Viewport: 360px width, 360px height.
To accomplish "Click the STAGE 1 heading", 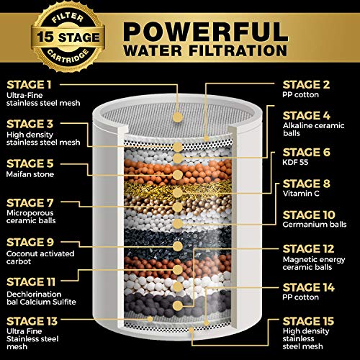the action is coord(29,85).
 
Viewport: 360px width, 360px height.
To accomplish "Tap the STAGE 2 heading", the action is coord(306,84).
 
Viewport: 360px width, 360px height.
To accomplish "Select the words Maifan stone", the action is coord(30,174).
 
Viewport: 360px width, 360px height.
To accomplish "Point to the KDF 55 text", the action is coord(295,162).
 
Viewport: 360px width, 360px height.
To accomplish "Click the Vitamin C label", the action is coord(301,194).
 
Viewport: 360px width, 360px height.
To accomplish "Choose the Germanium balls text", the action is coord(315,225).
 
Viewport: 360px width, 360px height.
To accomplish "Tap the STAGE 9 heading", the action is coord(30,243).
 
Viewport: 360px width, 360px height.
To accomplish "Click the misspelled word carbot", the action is coord(19,261).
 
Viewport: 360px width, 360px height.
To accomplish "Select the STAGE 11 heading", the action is coord(31,282).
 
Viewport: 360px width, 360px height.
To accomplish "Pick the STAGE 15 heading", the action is coord(308,321).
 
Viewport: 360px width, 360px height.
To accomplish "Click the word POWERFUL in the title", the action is coord(206,32).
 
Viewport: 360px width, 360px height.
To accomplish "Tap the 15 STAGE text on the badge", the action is coord(68,37).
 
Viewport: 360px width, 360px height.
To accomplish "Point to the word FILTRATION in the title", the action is coord(238,50).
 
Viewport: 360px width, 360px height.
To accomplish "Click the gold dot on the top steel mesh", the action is coord(178,117).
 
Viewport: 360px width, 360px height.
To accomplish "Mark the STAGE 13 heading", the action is coord(32,321).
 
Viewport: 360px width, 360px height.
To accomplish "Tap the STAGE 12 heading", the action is coord(308,249).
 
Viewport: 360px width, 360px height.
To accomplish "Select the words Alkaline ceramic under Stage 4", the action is coord(314,125).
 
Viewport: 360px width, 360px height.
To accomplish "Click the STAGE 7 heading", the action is coord(30,203).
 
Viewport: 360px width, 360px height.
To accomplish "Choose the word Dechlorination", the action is coord(34,294).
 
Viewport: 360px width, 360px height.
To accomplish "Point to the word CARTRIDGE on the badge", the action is coord(68,58).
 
